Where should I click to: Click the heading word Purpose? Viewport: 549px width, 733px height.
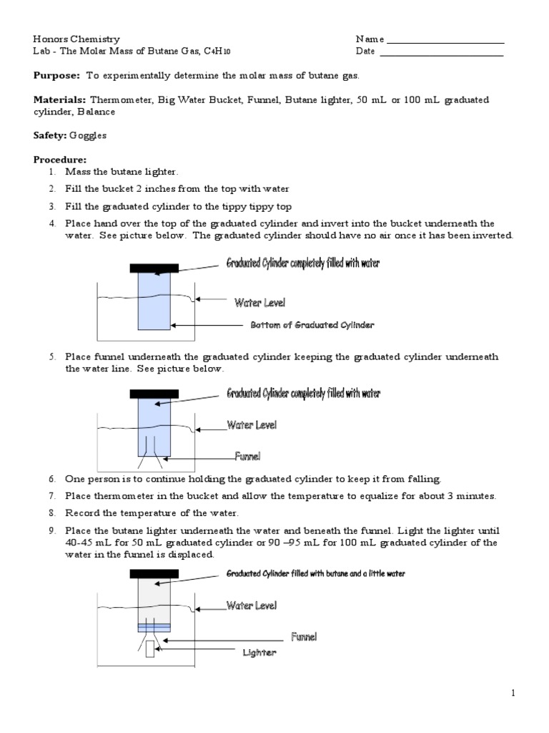pyautogui.click(x=57, y=75)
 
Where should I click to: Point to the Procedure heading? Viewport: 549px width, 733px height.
pyautogui.click(x=60, y=160)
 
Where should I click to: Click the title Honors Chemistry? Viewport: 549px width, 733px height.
pyautogui.click(x=76, y=39)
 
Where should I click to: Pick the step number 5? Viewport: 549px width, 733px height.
pyautogui.click(x=51, y=356)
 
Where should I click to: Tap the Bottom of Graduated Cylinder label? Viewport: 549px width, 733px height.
pyautogui.click(x=312, y=325)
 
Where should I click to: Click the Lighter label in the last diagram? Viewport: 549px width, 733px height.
pyautogui.click(x=259, y=653)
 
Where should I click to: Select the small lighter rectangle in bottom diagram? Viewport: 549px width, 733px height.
pyautogui.click(x=150, y=649)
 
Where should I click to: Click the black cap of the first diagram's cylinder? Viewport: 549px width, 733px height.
pyautogui.click(x=154, y=268)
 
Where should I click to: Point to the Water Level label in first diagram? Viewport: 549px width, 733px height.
pyautogui.click(x=259, y=303)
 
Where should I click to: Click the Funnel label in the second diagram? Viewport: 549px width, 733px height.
pyautogui.click(x=247, y=455)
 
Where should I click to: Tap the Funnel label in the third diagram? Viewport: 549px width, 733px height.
pyautogui.click(x=303, y=636)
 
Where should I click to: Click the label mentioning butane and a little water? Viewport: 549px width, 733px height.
pyautogui.click(x=315, y=574)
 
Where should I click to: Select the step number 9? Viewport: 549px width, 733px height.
pyautogui.click(x=51, y=531)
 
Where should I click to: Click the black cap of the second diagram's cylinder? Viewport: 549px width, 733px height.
pyautogui.click(x=154, y=393)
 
